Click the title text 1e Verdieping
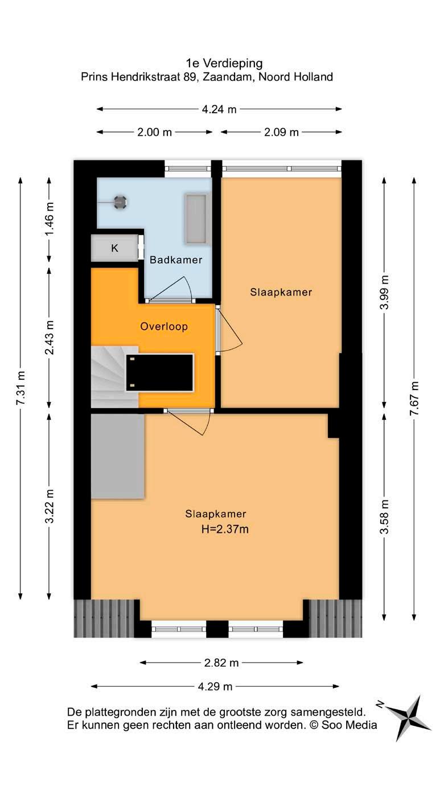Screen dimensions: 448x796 pos(224,63)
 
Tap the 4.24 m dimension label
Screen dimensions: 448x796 pos(219,109)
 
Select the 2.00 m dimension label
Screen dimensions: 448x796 pos(154,132)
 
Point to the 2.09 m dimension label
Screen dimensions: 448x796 pos(281,132)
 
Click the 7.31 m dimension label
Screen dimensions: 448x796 pos(20,388)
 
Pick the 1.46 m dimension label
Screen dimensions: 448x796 pos(50,219)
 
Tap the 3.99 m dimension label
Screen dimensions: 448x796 pos(384,292)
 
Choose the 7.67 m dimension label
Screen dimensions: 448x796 pos(414,399)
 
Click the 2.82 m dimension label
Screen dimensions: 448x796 pos(221,663)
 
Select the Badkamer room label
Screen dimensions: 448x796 pos(176,260)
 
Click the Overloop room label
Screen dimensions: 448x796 pos(164,327)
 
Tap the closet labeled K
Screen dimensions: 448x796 pos(114,248)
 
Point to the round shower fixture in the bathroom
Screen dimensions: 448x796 pos(120,202)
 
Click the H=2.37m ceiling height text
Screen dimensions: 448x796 pos(225,529)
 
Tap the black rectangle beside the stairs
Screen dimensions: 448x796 pos(160,373)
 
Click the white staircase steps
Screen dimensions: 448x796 pos(114,377)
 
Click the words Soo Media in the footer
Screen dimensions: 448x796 pos(349,725)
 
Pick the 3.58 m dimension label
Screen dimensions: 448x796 pos(384,516)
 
